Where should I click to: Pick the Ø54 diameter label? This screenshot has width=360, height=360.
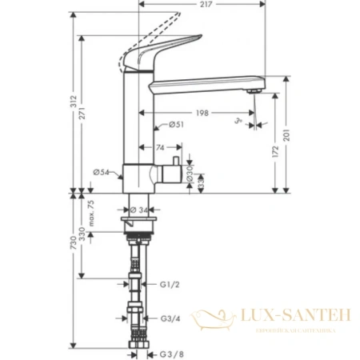(x=101, y=170)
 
